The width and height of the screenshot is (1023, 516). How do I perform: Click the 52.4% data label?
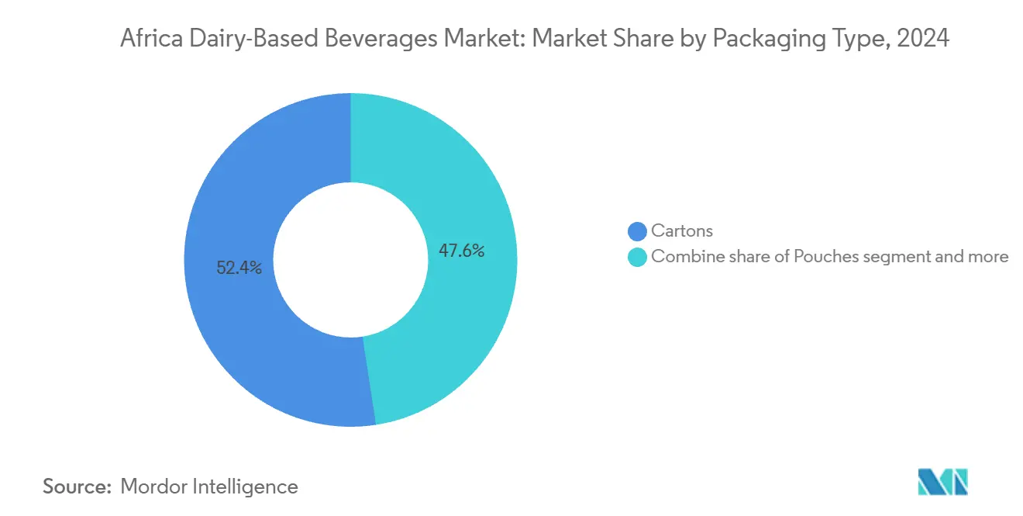click(x=239, y=268)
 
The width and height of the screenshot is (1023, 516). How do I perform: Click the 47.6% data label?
click(x=461, y=251)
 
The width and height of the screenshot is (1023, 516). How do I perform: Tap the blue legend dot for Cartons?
click(x=637, y=231)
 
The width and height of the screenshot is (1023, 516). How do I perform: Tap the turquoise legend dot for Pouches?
click(x=637, y=257)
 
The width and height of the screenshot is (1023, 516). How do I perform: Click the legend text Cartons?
click(x=682, y=231)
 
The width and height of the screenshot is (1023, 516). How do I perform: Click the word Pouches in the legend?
click(x=824, y=257)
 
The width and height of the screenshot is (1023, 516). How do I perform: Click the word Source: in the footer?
click(x=77, y=487)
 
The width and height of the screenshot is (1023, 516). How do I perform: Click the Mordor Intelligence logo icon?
click(x=942, y=483)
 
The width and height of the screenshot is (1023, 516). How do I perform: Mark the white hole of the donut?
click(x=350, y=260)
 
